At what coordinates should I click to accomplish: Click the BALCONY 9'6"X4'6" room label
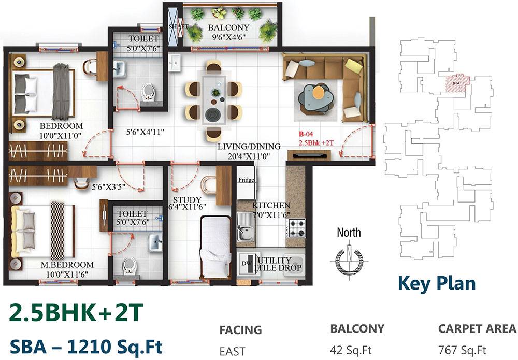point(228,32)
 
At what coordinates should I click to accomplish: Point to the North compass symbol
point(349,255)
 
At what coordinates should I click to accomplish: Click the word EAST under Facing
point(233,351)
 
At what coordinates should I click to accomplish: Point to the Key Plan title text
point(436,283)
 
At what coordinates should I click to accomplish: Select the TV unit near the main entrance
point(309,155)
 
